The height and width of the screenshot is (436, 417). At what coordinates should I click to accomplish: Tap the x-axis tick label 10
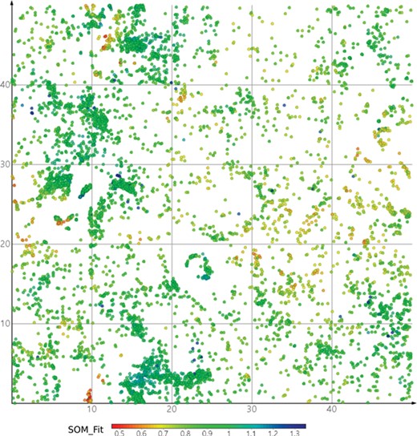point(92,410)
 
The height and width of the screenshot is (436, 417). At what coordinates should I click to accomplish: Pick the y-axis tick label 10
point(6,323)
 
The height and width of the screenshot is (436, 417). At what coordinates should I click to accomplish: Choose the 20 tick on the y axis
point(6,244)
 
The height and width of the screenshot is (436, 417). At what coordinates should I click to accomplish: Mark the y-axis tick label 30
point(6,164)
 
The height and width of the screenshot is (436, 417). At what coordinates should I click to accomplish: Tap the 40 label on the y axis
point(6,85)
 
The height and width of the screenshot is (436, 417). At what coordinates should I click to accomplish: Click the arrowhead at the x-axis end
point(412,402)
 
